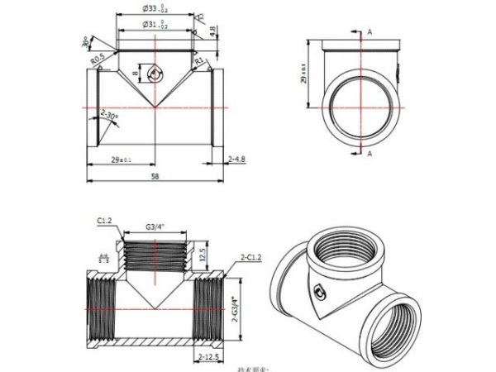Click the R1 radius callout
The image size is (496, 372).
199,60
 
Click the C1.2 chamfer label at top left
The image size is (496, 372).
104,221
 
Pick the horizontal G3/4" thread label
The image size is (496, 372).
155,224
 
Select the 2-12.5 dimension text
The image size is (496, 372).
209,357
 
